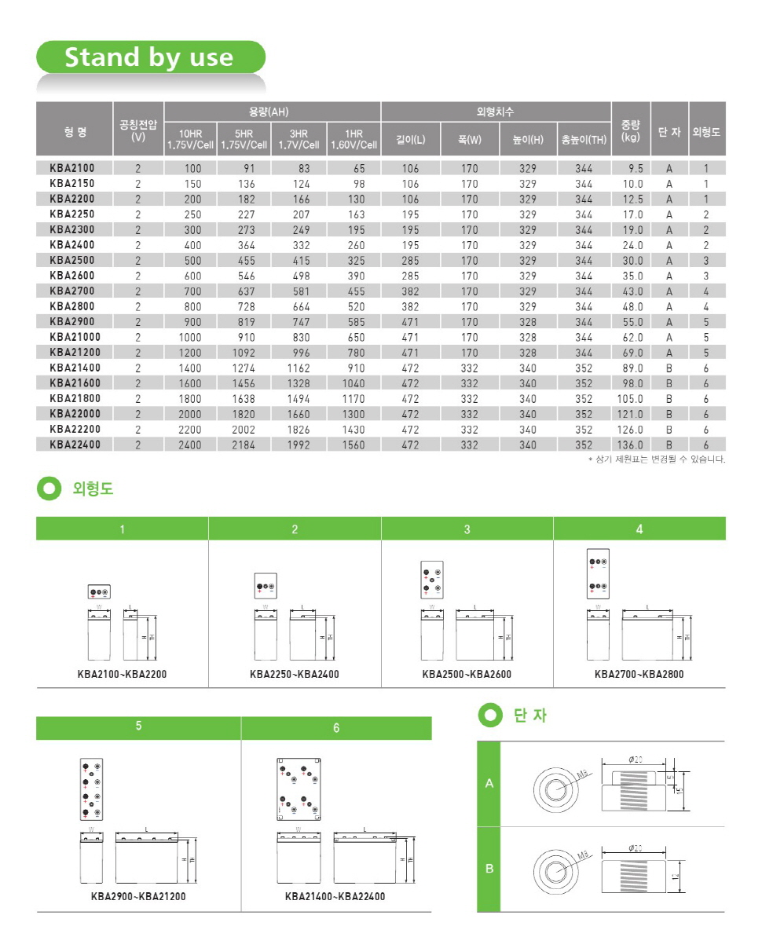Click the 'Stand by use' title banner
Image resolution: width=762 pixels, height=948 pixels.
point(149,57)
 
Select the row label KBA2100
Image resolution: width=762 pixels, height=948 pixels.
point(71,168)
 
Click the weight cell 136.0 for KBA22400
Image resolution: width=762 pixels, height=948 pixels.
point(630,445)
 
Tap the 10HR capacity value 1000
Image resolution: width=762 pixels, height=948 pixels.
point(192,337)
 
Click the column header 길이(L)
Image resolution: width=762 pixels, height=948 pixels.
point(411,140)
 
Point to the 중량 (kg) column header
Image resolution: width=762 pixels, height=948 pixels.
point(630,130)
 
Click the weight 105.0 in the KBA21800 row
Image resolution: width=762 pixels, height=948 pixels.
point(630,398)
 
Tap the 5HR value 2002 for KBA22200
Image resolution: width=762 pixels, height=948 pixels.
point(244,430)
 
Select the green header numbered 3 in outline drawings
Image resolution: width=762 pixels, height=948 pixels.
point(467,529)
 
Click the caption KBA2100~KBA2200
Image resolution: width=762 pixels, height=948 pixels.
point(122,674)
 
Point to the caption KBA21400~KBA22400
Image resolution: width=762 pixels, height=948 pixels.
point(335,896)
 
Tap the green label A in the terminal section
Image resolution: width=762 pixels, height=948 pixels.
point(489,784)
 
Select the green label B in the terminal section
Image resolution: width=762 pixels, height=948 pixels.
point(489,869)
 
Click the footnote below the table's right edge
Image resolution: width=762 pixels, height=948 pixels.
point(657,459)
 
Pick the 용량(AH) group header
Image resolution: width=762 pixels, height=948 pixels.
point(272,112)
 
